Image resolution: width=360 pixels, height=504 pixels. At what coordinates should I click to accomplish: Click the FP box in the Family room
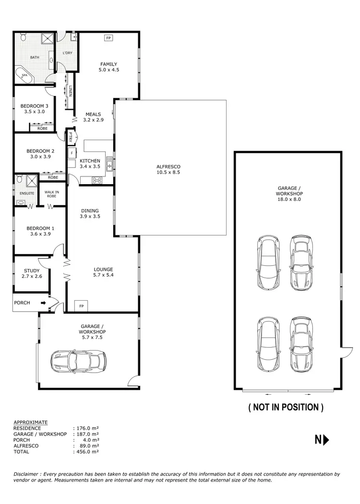coord(108,38)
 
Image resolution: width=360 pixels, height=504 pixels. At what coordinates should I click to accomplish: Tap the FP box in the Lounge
coord(81,306)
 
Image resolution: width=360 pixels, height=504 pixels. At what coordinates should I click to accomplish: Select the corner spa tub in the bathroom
coord(23,75)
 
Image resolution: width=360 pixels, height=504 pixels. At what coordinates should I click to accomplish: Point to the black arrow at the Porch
coord(44,303)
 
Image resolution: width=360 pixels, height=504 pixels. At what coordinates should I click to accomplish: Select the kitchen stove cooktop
coord(97,180)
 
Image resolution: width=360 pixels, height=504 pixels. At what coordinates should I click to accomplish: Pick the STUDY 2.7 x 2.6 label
coord(32,273)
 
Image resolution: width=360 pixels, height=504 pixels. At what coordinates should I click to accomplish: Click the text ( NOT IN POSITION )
coord(286,407)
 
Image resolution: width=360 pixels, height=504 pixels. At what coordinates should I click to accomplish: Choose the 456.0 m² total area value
coord(86,452)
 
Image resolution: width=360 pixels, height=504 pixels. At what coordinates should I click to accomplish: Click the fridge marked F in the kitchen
coord(72,153)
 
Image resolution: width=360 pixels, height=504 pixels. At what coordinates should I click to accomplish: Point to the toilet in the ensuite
coord(19,180)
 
